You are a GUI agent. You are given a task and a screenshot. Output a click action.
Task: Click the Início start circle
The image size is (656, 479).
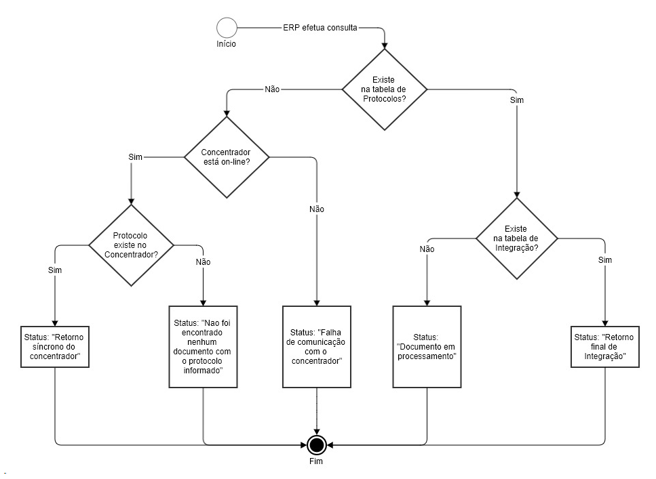pos(227,28)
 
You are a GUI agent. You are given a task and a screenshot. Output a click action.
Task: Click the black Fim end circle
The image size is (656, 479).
pos(317,444)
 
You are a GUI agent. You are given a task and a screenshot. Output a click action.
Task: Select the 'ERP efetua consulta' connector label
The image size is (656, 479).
pos(320,28)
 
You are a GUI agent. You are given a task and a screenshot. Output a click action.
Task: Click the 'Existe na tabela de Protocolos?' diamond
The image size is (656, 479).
pos(384,89)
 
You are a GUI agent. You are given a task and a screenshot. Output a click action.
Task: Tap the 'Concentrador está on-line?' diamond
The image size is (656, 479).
pos(227,157)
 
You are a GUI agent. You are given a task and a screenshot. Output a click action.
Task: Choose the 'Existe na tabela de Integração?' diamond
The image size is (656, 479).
pos(517,238)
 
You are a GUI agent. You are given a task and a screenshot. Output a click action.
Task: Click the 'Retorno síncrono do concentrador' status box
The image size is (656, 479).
pos(55,347)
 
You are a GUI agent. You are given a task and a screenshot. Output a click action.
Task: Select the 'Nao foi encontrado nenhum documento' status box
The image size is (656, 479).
pos(203,346)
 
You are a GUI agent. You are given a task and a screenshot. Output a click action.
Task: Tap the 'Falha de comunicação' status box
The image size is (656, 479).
pos(317,346)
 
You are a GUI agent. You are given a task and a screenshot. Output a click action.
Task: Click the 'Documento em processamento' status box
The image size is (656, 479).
pos(427,346)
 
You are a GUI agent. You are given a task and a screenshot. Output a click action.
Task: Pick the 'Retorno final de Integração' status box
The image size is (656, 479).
pos(604,347)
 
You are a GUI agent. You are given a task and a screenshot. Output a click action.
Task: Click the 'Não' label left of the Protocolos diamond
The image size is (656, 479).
pos(271,89)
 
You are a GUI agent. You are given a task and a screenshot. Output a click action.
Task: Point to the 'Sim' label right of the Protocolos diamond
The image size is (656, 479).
pos(516,100)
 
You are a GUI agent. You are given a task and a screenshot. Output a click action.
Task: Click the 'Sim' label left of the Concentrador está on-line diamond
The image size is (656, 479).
pos(136,157)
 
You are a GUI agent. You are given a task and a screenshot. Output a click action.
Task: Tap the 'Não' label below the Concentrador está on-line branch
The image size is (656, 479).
pos(317,209)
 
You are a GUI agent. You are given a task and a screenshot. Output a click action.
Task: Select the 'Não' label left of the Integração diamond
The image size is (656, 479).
pos(427,249)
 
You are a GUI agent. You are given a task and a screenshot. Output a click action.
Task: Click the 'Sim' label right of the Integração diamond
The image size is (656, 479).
pos(604,260)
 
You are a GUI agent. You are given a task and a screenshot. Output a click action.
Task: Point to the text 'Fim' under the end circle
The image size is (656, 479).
pos(317,461)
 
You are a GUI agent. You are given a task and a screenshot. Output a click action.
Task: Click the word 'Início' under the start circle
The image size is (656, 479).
pos(227,44)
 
